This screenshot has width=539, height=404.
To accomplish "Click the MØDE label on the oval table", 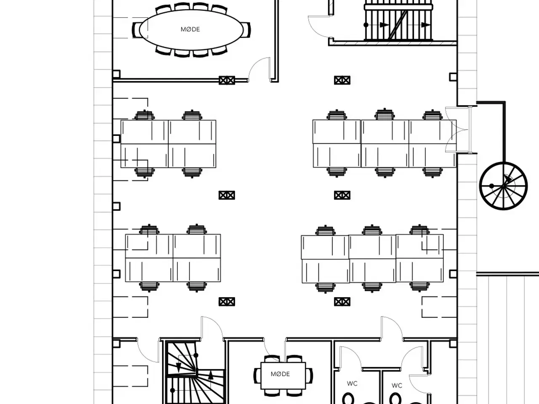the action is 190,29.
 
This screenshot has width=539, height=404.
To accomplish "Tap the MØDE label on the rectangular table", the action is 280,374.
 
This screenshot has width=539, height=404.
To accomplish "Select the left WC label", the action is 352,383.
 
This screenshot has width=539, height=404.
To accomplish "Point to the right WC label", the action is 397,385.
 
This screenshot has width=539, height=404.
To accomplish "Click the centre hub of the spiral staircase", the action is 503,186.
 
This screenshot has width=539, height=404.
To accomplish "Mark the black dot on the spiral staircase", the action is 491,186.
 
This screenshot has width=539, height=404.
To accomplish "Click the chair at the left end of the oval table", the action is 136,30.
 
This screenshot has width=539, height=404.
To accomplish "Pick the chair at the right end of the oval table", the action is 246,30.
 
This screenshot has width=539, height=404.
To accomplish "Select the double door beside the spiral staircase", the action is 457,130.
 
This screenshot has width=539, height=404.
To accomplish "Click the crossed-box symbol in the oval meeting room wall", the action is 227,80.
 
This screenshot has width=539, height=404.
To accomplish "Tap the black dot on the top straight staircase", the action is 366,25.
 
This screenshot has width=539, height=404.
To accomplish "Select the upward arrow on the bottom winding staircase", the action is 211,375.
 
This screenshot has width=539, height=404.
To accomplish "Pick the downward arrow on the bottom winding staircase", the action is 179,367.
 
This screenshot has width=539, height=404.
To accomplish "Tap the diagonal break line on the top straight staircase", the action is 398,25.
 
